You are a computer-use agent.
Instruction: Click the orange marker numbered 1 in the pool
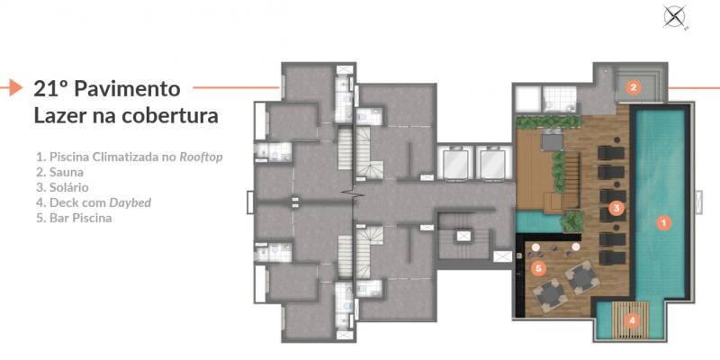coord(663,223)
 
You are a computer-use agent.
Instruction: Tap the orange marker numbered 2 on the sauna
coord(634,86)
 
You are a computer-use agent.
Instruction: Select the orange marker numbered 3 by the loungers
coord(616,209)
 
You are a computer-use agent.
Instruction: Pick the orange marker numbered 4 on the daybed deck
coord(633,320)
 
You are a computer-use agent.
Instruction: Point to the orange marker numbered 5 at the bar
coord(539,268)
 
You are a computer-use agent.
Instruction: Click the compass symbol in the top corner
coord(674,17)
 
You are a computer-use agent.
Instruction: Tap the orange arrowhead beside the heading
coord(15,87)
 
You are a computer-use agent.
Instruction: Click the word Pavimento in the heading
coord(127,88)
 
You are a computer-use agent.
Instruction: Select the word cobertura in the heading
coord(169,116)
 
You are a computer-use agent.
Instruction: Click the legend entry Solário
coord(62,187)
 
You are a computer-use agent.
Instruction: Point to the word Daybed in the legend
coord(130,203)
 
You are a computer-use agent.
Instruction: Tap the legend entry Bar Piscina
coord(74,218)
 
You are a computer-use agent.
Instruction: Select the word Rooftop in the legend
coord(201,157)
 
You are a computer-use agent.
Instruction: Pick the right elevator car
coord(492,163)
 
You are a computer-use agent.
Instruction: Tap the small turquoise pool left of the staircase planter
coord(538,221)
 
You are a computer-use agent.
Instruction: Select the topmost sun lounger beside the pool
coord(611,153)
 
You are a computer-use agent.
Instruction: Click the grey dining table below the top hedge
coord(552,140)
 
